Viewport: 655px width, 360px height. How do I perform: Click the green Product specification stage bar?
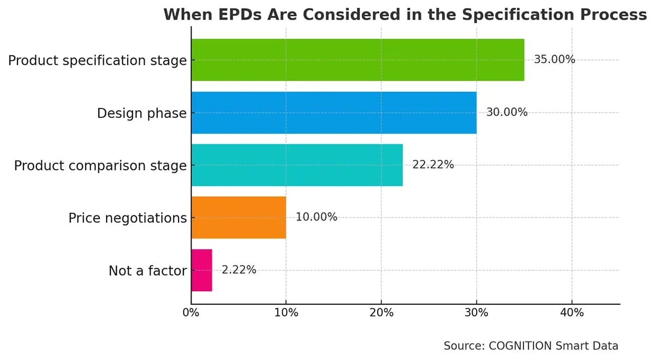coord(358,60)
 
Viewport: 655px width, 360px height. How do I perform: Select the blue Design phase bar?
coord(334,113)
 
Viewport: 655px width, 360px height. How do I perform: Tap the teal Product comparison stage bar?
coord(297,165)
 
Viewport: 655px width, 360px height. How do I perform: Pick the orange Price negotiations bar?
coord(239,218)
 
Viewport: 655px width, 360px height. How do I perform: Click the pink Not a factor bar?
coord(201,271)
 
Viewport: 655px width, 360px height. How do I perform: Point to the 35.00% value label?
coord(555,60)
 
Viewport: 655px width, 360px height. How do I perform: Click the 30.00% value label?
coord(507,112)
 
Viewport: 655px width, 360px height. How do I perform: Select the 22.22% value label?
coord(433,165)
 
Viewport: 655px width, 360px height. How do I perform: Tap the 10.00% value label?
coord(317,217)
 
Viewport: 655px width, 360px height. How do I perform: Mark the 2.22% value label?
coord(239,269)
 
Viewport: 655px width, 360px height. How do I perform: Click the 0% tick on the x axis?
coord(191,313)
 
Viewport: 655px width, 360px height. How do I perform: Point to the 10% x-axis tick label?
coord(286,313)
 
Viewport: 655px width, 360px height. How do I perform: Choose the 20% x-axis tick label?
coord(381,313)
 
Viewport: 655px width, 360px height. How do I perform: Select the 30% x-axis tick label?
coord(477,313)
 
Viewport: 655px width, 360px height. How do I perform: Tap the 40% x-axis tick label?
coord(571,313)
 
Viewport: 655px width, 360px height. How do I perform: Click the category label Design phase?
coord(141,113)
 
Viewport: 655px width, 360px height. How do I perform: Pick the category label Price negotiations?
coord(127,218)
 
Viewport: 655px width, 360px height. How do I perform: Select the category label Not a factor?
coord(147,271)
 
